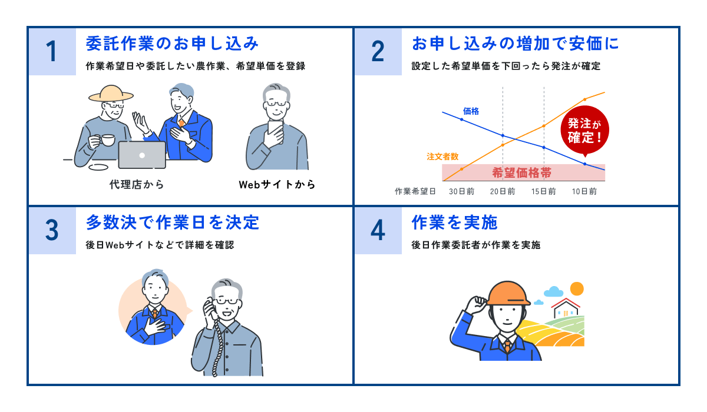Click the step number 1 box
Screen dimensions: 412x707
(52, 52)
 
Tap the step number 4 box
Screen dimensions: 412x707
(378, 230)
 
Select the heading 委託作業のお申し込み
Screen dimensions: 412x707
(172, 44)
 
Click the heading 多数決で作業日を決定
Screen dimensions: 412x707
(172, 222)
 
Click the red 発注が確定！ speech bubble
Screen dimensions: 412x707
(584, 131)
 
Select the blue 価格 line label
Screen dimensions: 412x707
(471, 111)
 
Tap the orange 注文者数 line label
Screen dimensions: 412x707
(442, 157)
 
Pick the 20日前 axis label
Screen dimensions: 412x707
(503, 191)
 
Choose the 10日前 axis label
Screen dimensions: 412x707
(584, 191)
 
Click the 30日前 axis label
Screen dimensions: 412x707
(461, 191)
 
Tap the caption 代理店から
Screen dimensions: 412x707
(137, 184)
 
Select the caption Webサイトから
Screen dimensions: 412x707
(277, 184)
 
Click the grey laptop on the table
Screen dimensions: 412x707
(142, 155)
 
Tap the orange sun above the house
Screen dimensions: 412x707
(577, 288)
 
